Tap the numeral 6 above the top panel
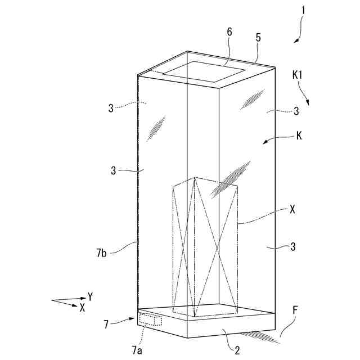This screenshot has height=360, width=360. click(x=229, y=33)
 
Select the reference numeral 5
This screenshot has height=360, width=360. click(x=258, y=38)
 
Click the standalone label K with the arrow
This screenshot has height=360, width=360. click(x=298, y=136)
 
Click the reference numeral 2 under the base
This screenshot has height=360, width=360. click(x=237, y=351)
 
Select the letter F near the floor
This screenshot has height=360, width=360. click(x=295, y=310)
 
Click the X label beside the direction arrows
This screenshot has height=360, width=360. click(x=82, y=308)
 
